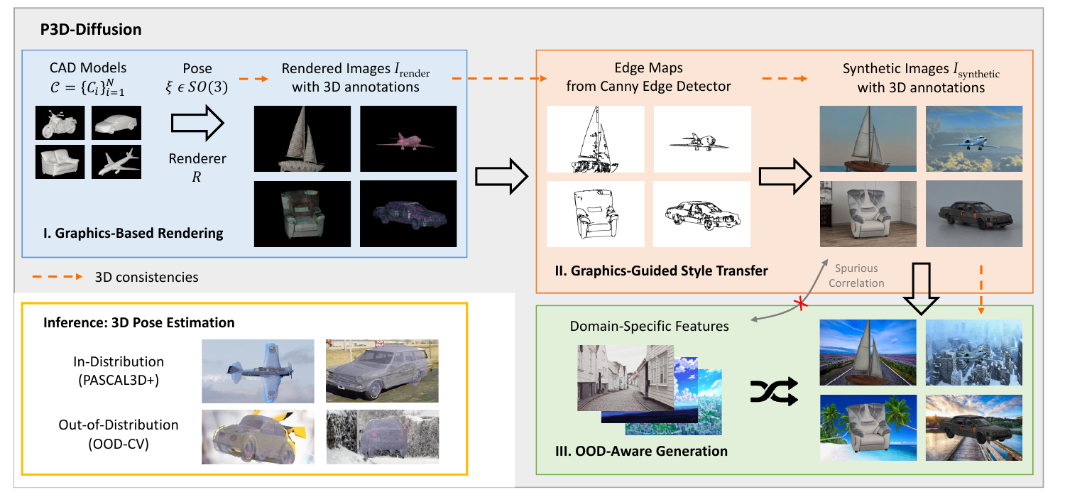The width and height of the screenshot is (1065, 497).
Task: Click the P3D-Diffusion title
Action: (x=91, y=30)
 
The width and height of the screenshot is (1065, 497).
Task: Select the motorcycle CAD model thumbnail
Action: (x=60, y=123)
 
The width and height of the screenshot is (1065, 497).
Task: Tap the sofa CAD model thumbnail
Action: (x=60, y=162)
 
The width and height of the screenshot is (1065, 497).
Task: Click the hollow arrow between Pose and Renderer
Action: (x=197, y=123)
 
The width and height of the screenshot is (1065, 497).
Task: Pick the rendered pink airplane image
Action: (x=408, y=138)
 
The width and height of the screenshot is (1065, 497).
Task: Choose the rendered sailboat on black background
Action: (x=302, y=138)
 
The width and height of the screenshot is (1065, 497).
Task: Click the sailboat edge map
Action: (x=596, y=139)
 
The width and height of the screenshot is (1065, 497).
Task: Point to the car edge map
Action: (x=701, y=214)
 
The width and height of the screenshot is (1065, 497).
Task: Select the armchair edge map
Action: (x=596, y=214)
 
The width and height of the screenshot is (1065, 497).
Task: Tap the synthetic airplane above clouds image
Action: (x=974, y=138)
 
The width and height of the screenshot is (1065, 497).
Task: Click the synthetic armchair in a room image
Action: (x=868, y=214)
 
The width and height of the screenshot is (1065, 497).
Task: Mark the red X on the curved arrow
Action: (x=801, y=303)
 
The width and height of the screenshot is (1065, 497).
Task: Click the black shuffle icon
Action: (x=774, y=391)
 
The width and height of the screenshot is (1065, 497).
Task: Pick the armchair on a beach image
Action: (x=868, y=427)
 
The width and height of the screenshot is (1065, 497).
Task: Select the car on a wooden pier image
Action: (x=974, y=427)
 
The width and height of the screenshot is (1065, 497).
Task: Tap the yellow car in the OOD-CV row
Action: (x=258, y=437)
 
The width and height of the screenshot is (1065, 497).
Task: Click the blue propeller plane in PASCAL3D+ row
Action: (x=258, y=371)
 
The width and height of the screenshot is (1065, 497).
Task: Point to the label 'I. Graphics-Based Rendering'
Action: (x=133, y=233)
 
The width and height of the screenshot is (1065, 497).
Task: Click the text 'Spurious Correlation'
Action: (x=856, y=276)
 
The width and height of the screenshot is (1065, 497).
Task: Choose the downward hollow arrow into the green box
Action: (x=921, y=288)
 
